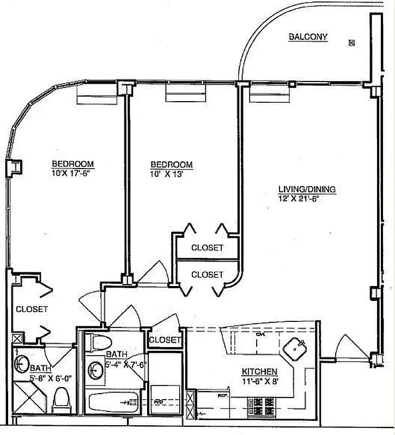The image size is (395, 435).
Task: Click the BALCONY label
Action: click(308, 37)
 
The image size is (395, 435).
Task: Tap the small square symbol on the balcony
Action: click(352, 42)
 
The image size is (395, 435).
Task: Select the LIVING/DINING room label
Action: click(307, 189)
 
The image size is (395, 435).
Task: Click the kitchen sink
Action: click(296, 346)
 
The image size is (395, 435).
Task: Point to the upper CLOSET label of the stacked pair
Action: click(207, 247)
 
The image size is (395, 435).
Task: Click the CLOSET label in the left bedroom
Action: click(32, 309)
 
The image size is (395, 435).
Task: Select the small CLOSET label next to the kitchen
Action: click(164, 340)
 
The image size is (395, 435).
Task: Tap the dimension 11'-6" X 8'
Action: click(260, 381)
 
